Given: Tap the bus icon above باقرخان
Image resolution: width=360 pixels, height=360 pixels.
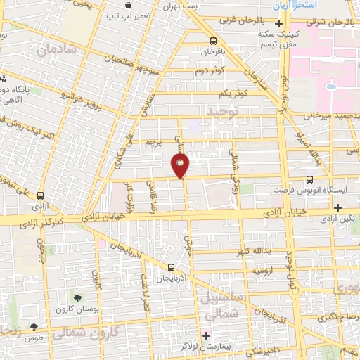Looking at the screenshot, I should point(212,41).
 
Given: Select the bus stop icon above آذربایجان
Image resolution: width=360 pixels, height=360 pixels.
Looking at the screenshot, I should point(172,266).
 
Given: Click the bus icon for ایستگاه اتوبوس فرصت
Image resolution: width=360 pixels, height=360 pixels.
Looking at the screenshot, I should point(310,179).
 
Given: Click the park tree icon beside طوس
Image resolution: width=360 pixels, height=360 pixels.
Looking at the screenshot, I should point(34,327).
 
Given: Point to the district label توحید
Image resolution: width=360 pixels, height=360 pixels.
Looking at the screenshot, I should point(223,111).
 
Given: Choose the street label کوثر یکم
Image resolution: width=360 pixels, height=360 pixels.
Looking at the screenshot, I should point(216,94).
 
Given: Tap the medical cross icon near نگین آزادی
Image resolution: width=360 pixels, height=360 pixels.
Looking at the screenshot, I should point(338,207).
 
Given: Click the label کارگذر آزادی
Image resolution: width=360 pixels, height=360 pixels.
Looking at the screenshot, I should point(43,222).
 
